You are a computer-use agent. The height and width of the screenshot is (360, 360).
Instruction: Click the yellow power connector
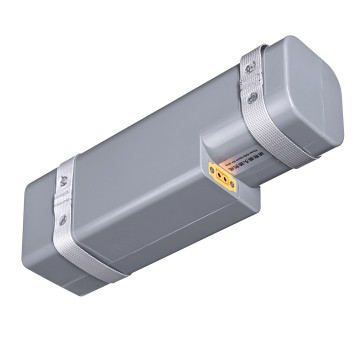tap(221, 179)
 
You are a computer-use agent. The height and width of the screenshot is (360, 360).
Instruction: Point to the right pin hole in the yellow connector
tap(226, 182)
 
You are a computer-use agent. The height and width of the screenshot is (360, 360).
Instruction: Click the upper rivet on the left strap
tap(62, 183)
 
